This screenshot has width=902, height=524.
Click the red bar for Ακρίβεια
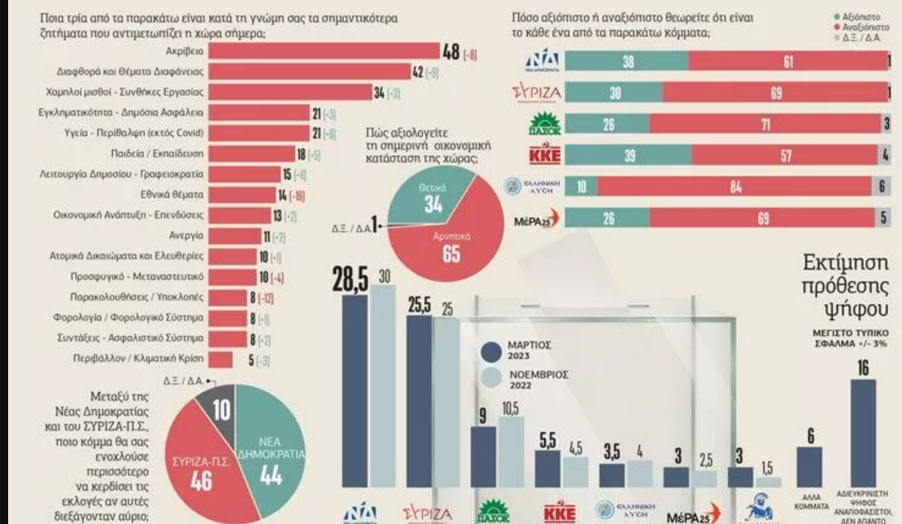point(325,52)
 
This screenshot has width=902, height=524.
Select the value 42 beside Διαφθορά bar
point(418,73)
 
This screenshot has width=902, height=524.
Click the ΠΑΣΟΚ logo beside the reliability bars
point(539,124)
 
